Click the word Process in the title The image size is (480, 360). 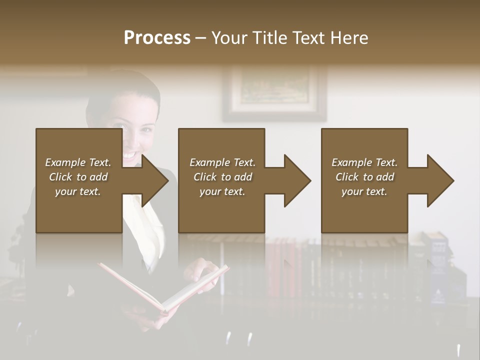click(x=157, y=38)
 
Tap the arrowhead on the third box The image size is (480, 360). click(x=439, y=180)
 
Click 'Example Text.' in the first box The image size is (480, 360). click(x=78, y=162)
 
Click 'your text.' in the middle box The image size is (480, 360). click(x=222, y=191)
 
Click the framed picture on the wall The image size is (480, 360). click(x=274, y=93)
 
